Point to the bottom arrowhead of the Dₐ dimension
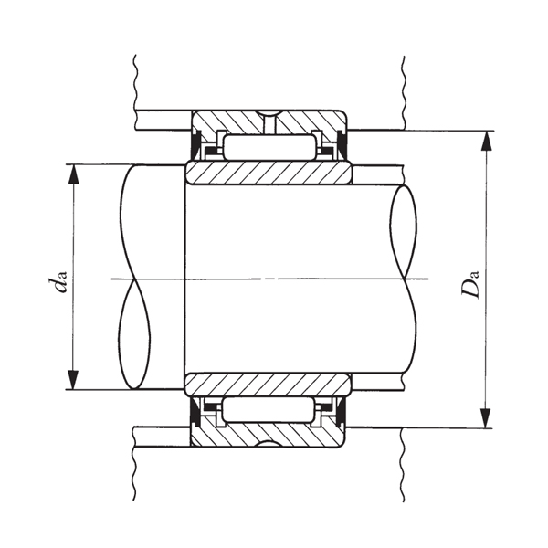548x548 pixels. point(487,418)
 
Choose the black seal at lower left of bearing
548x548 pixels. point(195,414)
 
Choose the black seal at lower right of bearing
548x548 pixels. point(342,414)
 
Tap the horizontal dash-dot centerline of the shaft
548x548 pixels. point(274,277)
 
